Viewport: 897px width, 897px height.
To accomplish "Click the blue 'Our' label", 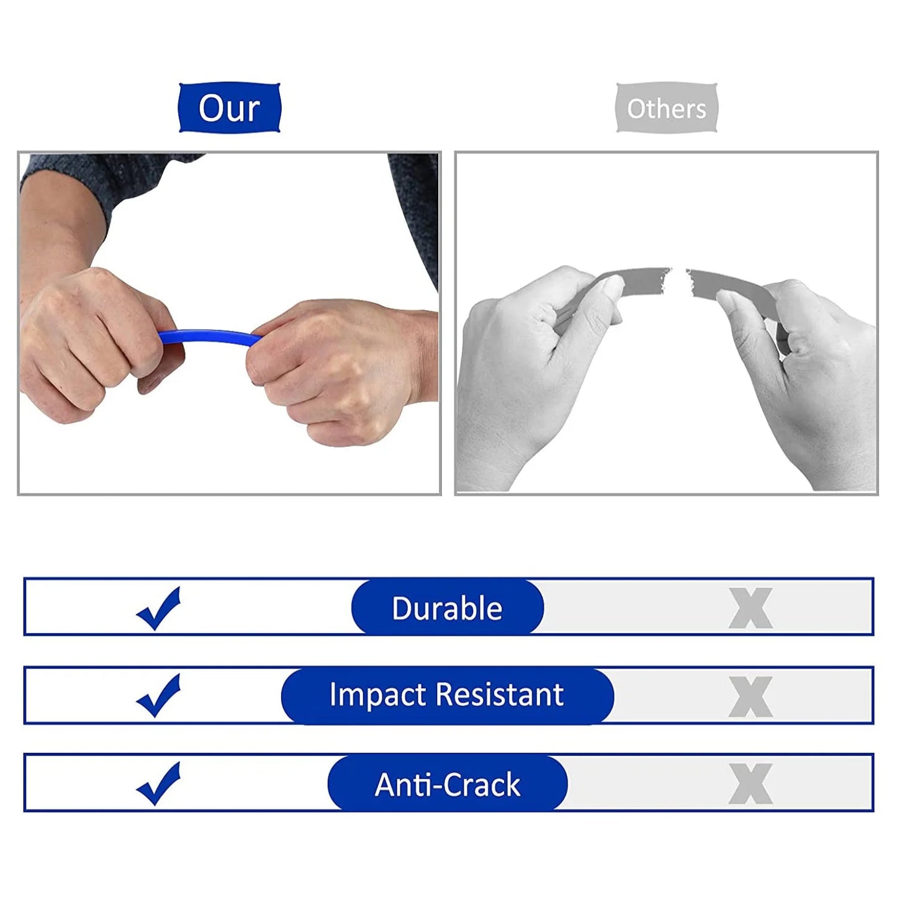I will click(229, 108).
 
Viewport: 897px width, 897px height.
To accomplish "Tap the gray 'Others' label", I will click(666, 108).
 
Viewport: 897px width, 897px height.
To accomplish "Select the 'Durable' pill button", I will click(447, 608).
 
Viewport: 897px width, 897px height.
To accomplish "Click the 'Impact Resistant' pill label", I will click(447, 695).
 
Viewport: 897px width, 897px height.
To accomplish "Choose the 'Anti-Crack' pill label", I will click(447, 784).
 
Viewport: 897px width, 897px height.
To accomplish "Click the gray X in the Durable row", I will click(751, 608).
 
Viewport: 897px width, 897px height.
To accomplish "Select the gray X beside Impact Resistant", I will click(751, 696).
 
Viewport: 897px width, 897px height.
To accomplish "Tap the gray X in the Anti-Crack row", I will click(751, 784).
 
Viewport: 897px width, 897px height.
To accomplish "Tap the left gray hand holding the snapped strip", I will click(528, 360).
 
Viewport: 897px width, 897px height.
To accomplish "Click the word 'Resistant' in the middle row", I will click(500, 695).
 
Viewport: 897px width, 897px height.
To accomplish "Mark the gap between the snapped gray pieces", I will click(678, 279).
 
